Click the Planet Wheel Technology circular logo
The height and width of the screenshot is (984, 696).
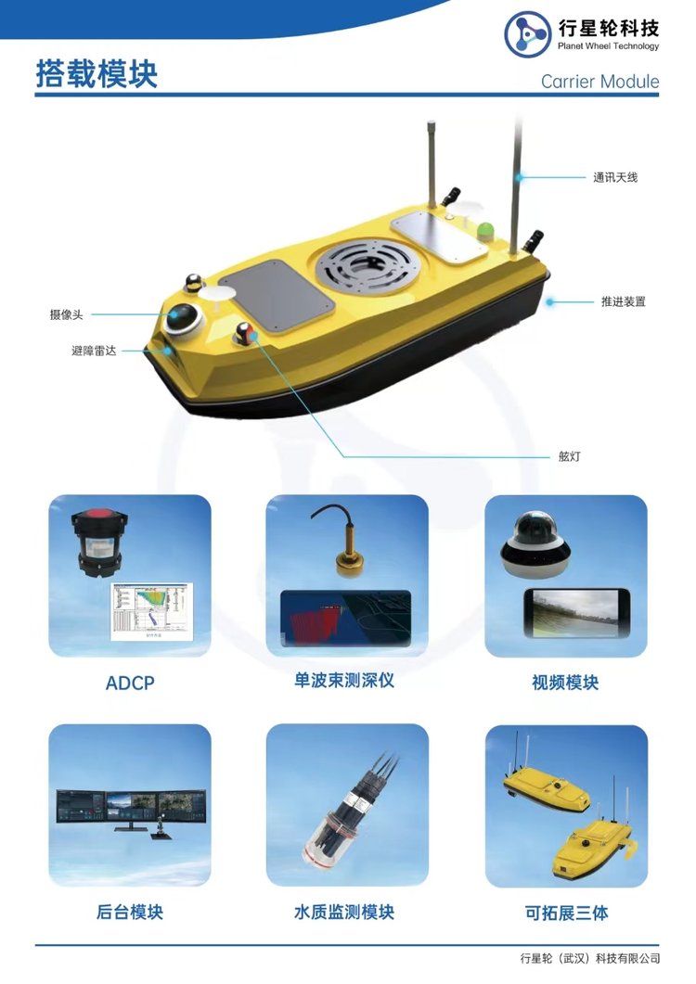[528, 34]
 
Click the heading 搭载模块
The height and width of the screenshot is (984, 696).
[97, 74]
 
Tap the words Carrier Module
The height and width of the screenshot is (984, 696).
[599, 81]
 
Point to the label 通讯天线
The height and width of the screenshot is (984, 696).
[615, 177]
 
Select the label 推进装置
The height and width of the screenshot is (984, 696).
[623, 301]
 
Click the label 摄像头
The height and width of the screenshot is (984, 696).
[67, 314]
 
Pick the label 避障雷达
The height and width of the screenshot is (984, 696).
[94, 351]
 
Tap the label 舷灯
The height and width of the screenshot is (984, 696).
[570, 456]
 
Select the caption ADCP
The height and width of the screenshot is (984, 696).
[130, 683]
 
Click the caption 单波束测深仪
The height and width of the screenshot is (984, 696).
[344, 680]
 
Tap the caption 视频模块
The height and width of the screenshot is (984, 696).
[565, 683]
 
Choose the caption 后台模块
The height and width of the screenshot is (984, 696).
[129, 912]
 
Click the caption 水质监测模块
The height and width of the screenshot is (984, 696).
[344, 912]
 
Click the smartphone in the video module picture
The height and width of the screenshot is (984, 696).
[576, 613]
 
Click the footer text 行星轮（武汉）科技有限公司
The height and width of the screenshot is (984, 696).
[590, 958]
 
